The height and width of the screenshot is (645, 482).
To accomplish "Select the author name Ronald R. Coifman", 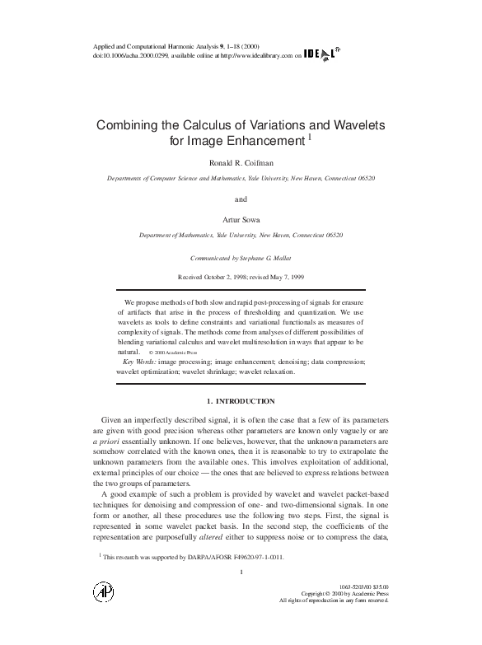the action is [x=241, y=163].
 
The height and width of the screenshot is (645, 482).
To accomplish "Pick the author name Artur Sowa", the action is [x=241, y=220].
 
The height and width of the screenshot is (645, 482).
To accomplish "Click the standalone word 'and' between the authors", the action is [x=241, y=199].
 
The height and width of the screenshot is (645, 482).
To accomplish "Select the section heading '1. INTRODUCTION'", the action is [x=241, y=401].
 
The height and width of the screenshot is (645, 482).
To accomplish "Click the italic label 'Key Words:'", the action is [x=140, y=362].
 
